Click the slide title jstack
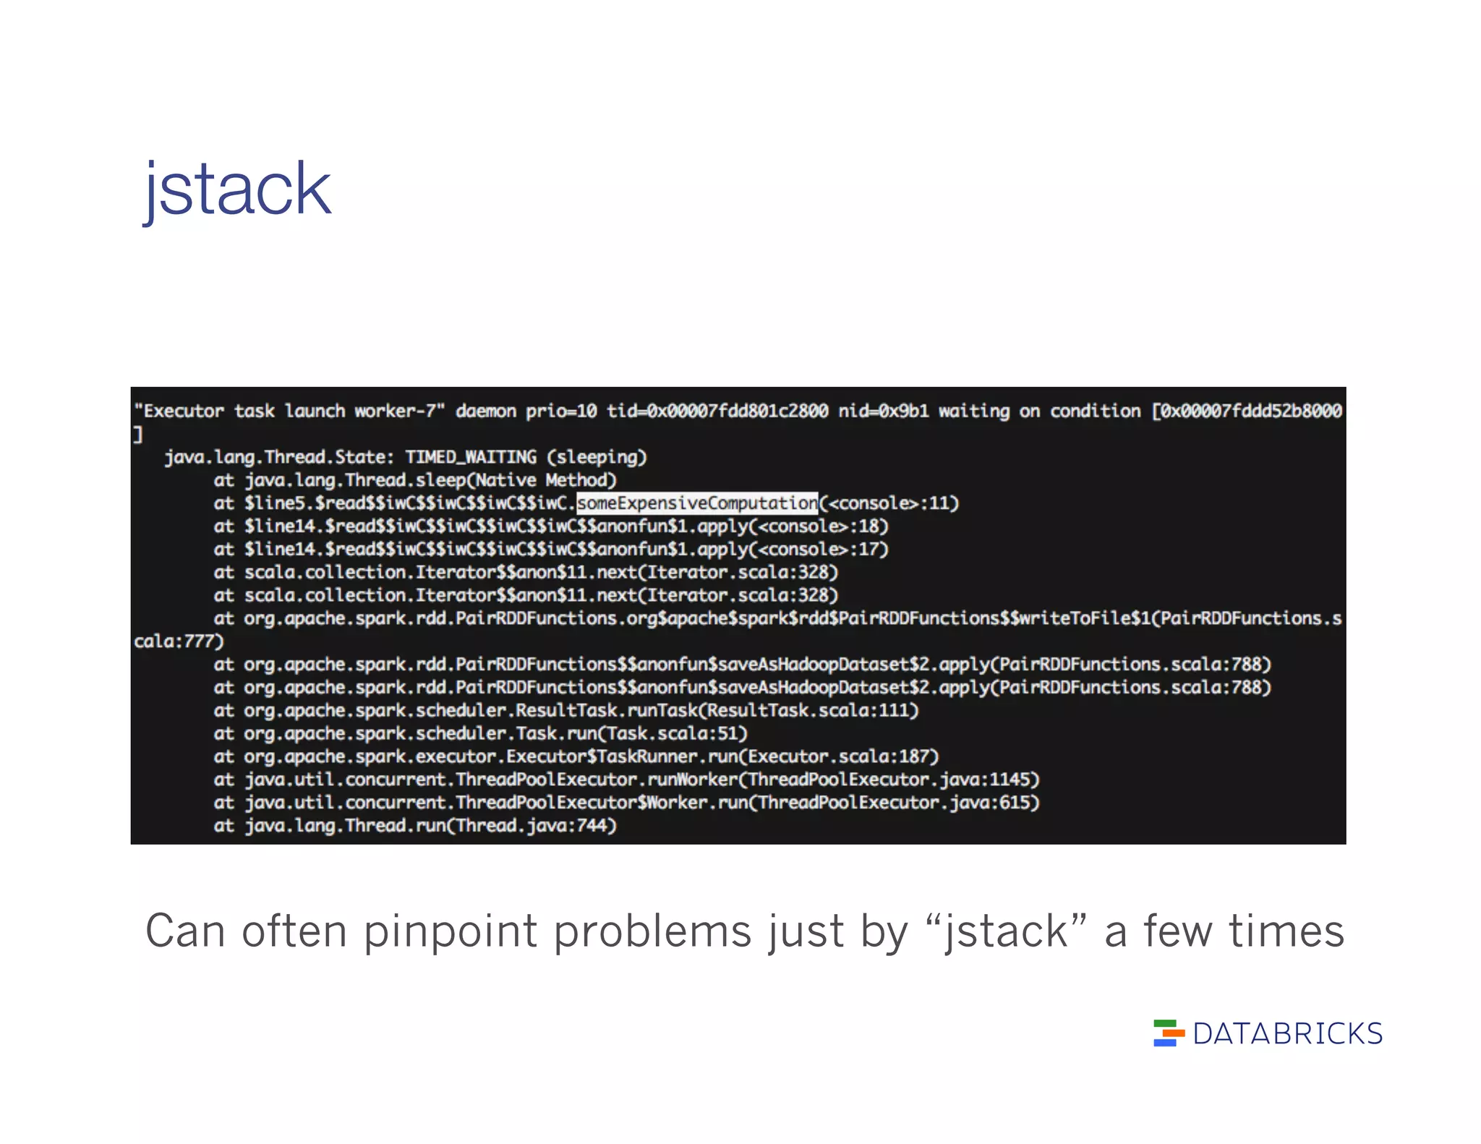[237, 189]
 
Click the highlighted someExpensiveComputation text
[697, 503]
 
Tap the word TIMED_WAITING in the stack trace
[471, 457]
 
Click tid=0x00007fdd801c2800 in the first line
[717, 411]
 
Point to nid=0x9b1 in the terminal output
[883, 411]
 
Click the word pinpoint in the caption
[451, 931]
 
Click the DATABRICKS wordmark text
[1287, 1034]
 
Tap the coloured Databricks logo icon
[1169, 1033]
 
